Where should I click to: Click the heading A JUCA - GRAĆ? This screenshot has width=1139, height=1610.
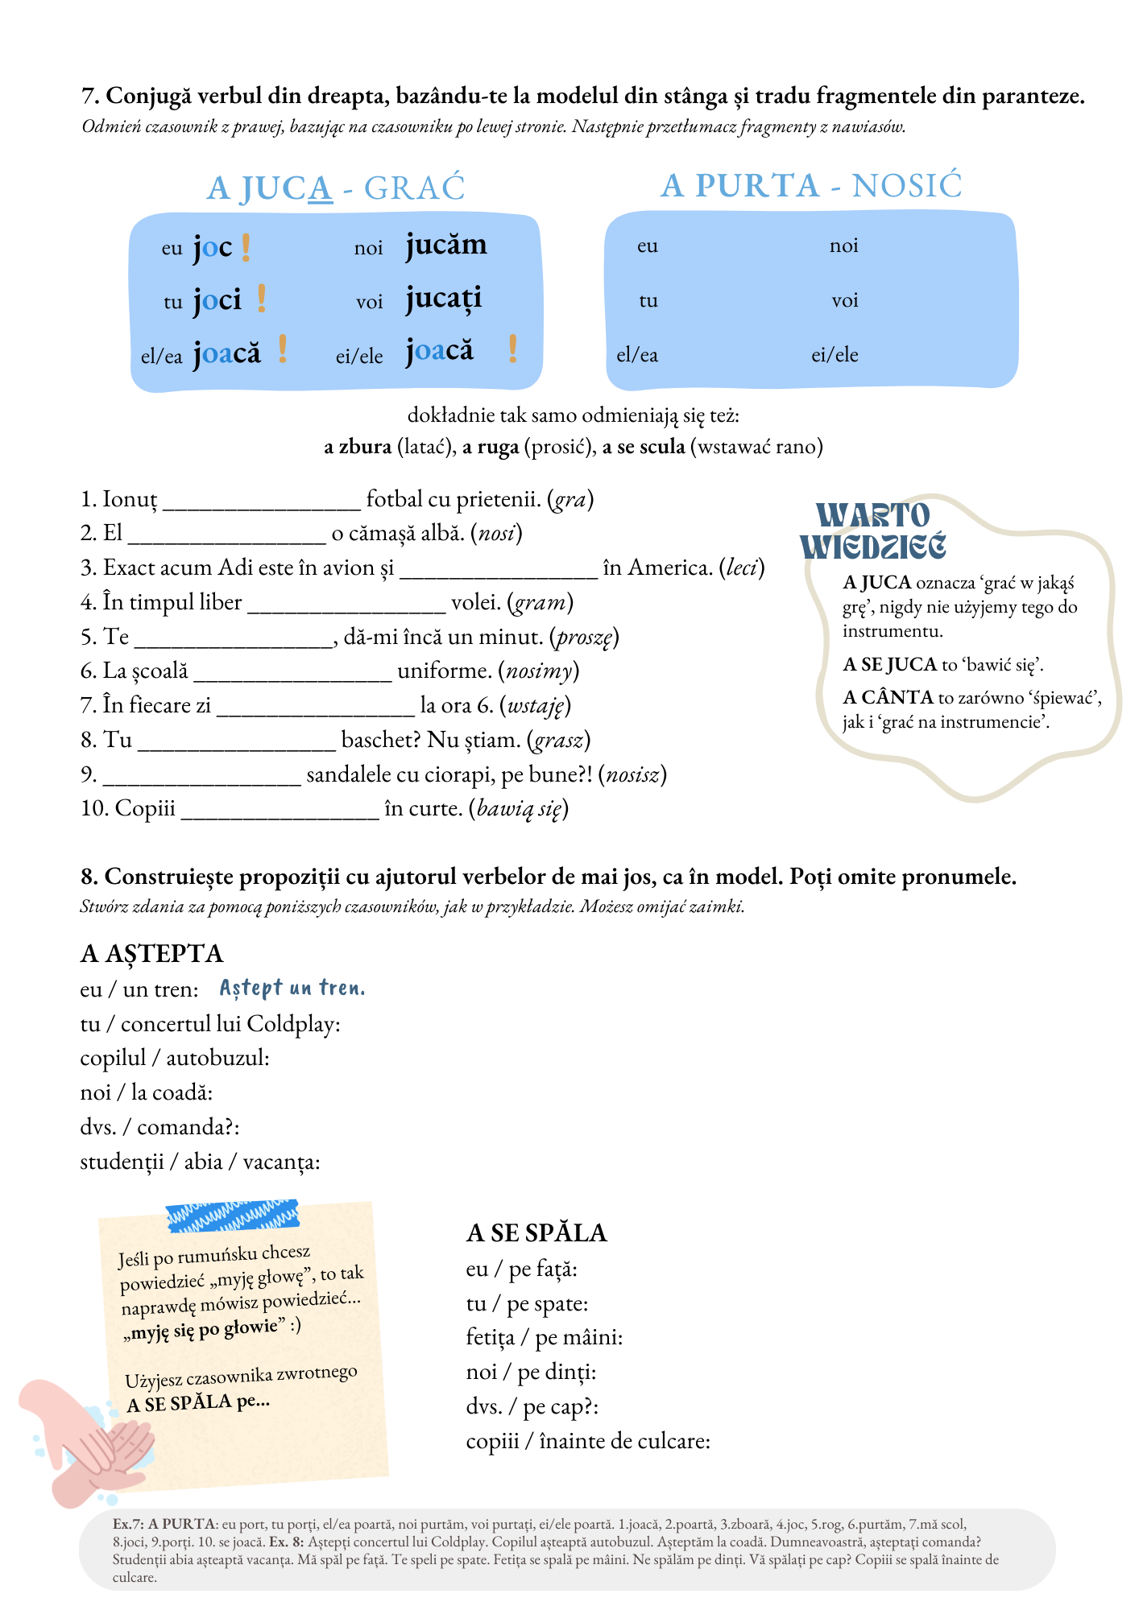336,188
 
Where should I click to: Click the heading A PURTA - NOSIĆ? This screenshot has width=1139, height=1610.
811,186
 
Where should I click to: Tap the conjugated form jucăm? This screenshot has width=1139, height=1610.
445,245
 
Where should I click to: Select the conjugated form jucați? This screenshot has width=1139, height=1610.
443,299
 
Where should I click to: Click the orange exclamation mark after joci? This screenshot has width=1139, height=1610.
262,299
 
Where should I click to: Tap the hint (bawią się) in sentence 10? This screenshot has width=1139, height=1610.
519,808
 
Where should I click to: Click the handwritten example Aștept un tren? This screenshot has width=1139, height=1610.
292,988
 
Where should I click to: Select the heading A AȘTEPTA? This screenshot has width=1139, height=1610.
151,953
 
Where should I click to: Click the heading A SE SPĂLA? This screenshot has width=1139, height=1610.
536,1232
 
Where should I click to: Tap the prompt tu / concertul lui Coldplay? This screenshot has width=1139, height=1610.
210,1024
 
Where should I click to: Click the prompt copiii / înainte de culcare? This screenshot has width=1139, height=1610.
588,1441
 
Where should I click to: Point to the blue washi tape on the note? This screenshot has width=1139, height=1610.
232,1216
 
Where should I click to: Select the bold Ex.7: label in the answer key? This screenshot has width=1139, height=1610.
128,1524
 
